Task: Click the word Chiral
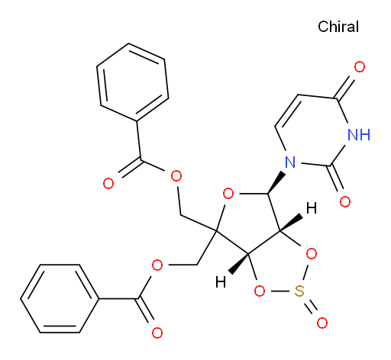338,27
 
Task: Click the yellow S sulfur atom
299,291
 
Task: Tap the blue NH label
359,134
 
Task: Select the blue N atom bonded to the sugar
290,162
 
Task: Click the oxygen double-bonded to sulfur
322,323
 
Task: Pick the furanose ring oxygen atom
228,194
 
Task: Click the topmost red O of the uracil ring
360,67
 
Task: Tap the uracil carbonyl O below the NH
345,201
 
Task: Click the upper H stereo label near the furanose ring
312,208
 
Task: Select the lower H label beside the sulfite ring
221,282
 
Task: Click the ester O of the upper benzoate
176,176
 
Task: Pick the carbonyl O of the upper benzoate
108,183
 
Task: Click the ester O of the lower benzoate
157,265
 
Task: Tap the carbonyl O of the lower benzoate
157,333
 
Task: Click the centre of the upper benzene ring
133,82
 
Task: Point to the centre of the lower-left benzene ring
60,298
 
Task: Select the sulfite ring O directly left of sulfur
260,291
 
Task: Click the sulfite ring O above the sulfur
312,254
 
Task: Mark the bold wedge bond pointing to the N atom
276,182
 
